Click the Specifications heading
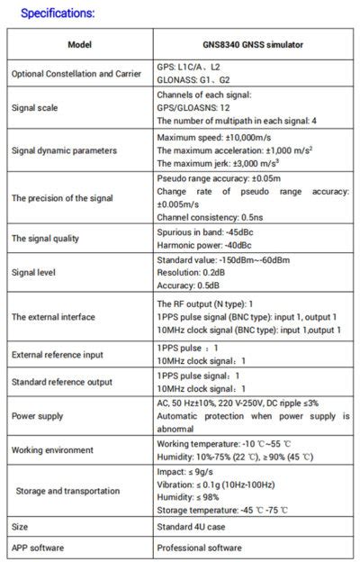58,14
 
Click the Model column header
79,44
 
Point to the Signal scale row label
35,106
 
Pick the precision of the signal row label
67,197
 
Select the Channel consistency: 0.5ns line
212,216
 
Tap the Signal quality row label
44,238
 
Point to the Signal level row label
37,271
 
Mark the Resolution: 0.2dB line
191,271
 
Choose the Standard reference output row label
62,383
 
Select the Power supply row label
38,416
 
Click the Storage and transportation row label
67,490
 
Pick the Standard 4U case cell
193,525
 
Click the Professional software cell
200,547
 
